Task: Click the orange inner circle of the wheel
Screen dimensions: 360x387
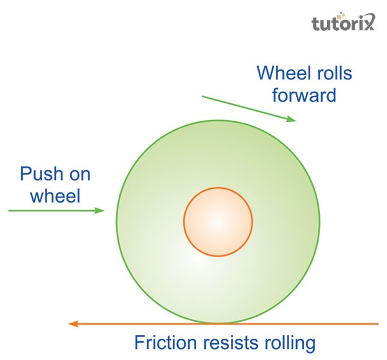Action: click(218, 221)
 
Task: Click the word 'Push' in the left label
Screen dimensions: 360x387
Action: click(40, 174)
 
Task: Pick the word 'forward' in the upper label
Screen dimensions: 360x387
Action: click(304, 95)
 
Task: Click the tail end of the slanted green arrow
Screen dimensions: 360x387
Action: click(203, 97)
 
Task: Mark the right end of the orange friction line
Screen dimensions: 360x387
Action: click(378, 323)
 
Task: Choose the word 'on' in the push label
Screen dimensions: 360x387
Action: click(80, 174)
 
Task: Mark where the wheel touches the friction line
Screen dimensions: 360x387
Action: click(218, 323)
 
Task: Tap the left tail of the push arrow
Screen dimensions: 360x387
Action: click(9, 210)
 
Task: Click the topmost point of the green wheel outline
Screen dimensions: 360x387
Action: click(218, 121)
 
